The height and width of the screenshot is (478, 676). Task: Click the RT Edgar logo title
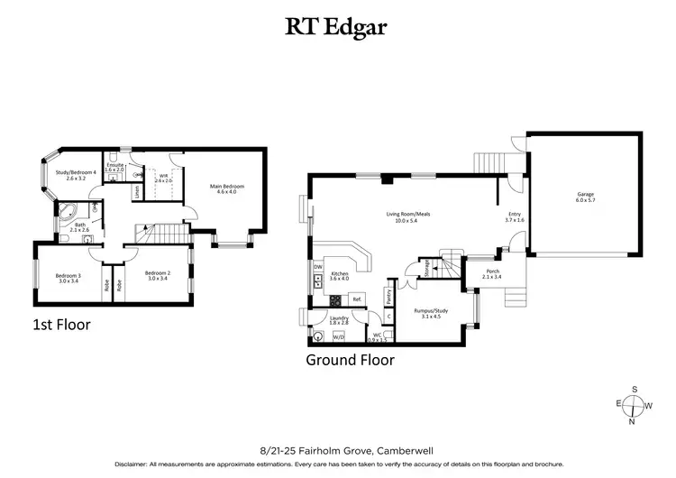(x=338, y=26)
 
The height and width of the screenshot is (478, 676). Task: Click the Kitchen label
(x=339, y=275)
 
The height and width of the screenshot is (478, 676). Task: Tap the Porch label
(x=492, y=273)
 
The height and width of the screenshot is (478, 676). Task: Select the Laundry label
(x=339, y=318)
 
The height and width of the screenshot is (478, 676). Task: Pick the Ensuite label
(x=115, y=168)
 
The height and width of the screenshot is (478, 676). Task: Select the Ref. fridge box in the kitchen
(x=357, y=299)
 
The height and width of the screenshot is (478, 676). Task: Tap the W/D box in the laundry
(x=339, y=336)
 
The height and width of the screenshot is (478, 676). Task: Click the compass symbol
(x=635, y=405)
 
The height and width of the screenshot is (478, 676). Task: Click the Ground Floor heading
(x=351, y=360)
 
